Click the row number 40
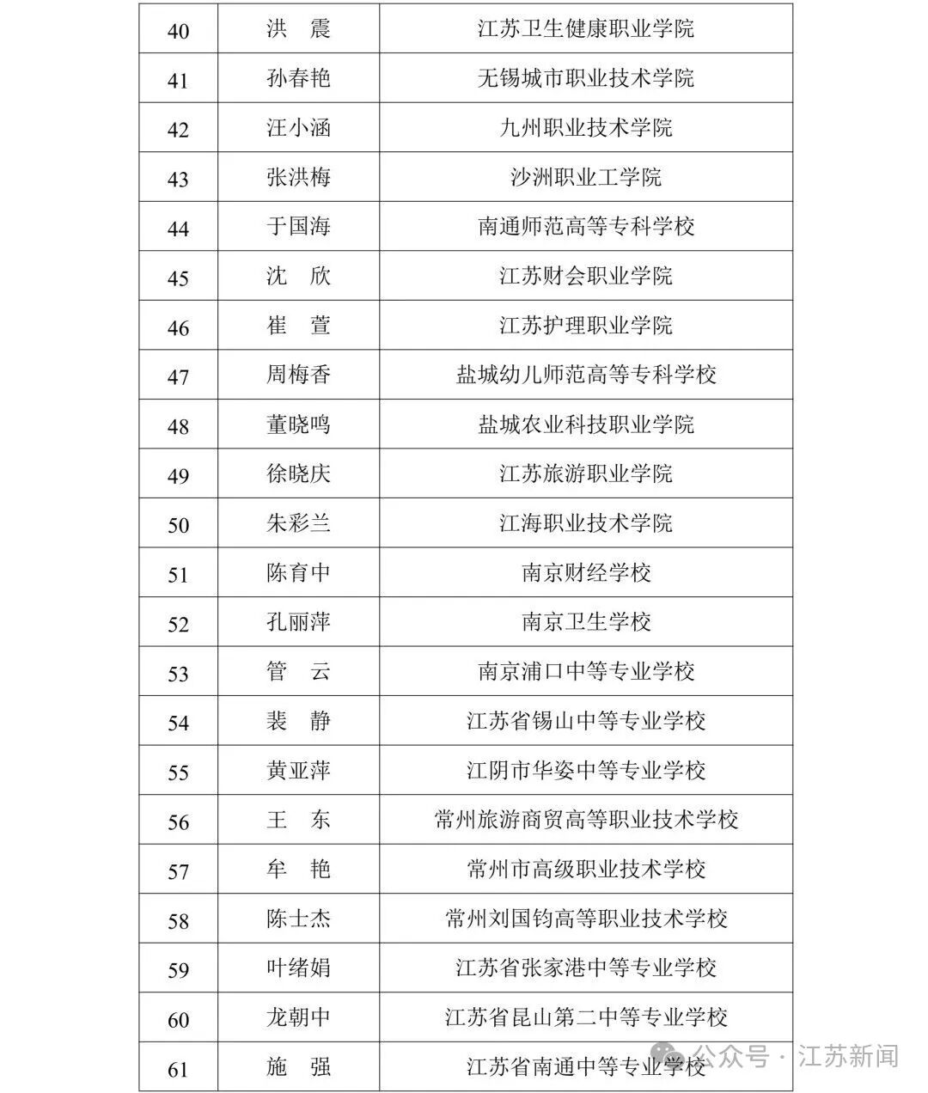[x=178, y=31]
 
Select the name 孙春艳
[x=298, y=79]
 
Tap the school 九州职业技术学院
[x=586, y=129]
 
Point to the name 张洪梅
[x=298, y=178]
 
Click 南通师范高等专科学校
[x=586, y=227]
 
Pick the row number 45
[x=178, y=278]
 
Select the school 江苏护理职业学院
[x=586, y=326]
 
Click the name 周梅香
[x=298, y=375]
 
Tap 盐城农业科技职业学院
[x=586, y=424]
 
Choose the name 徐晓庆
[x=298, y=473]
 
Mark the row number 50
[x=178, y=524]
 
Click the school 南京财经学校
[x=586, y=572]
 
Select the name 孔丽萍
[x=298, y=622]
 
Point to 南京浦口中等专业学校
[x=586, y=671]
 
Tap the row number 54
[x=178, y=722]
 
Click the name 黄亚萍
[x=298, y=770]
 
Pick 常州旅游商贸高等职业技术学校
[x=586, y=820]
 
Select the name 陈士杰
[x=298, y=919]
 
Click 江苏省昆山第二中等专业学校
[x=586, y=1018]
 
